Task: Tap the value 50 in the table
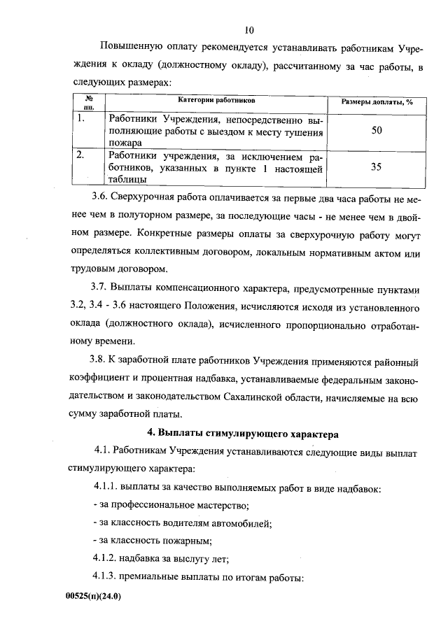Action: point(376,129)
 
